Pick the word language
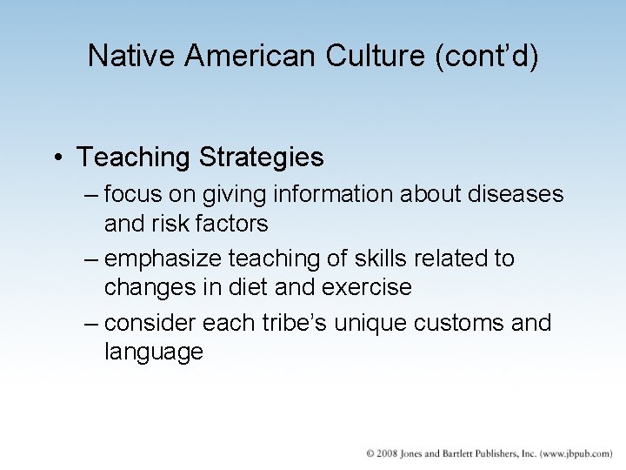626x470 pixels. point(153,352)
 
